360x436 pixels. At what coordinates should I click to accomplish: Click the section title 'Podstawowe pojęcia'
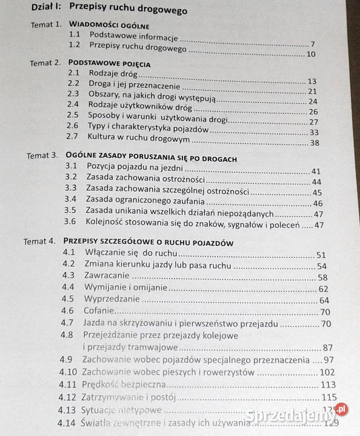pyautogui.click(x=110, y=62)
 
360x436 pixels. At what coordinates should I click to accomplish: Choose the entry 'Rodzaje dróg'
pyautogui.click(x=113, y=73)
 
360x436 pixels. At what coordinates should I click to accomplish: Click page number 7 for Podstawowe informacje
pyautogui.click(x=312, y=44)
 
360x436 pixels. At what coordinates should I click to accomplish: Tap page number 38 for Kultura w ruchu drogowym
pyautogui.click(x=314, y=142)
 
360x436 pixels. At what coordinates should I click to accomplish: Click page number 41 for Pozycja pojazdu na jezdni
pyautogui.click(x=316, y=171)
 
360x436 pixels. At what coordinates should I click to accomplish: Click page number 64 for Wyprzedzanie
pyautogui.click(x=324, y=300)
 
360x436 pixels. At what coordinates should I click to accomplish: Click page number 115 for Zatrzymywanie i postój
pyautogui.click(x=328, y=397)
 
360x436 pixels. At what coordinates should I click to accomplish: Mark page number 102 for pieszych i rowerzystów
pyautogui.click(x=327, y=372)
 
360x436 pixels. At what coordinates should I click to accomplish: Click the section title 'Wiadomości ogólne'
pyautogui.click(x=109, y=26)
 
